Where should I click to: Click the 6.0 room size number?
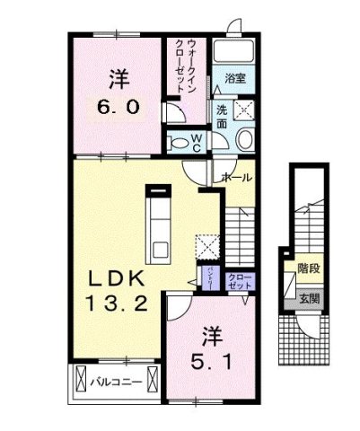click(x=117, y=106)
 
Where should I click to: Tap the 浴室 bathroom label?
click(x=236, y=79)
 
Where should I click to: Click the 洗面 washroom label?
click(x=221, y=117)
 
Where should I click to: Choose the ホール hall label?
click(x=236, y=178)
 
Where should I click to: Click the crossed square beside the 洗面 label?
click(x=244, y=110)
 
